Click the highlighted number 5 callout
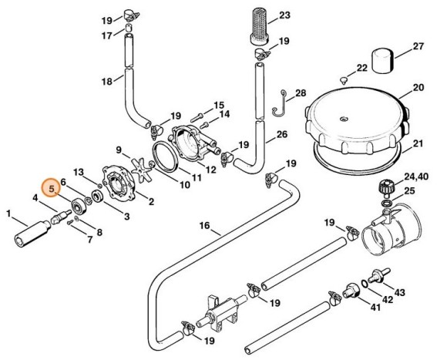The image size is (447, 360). point(52,187)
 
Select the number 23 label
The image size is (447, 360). point(284,15)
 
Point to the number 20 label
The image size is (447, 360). point(418,87)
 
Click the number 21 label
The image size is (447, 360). point(418,143)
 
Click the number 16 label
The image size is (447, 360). point(204,226)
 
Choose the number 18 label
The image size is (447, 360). point(107,80)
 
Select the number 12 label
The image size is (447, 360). point(210,168)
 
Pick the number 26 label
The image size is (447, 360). point(282,134)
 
